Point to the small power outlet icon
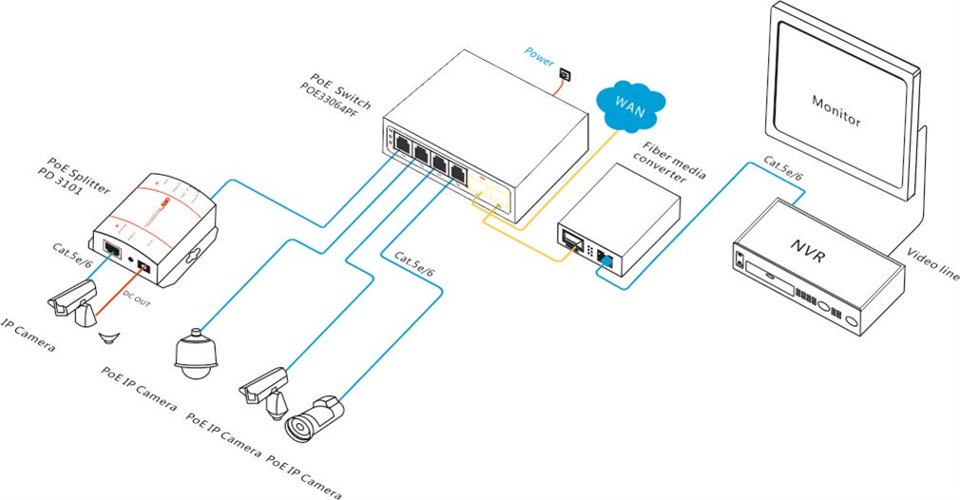click(565, 72)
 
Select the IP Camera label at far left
click(28, 336)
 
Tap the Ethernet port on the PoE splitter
click(112, 250)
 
